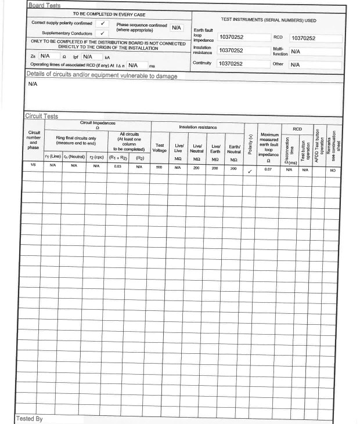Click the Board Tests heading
[x=44, y=5]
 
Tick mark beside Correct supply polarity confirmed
[x=102, y=24]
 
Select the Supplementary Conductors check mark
[x=102, y=33]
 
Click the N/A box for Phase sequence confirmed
[x=177, y=27]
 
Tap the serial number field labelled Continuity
[x=243, y=64]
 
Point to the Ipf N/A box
[x=91, y=57]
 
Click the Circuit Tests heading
[x=42, y=116]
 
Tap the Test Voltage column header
[x=160, y=148]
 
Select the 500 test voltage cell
[x=160, y=166]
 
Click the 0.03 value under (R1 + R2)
[x=118, y=166]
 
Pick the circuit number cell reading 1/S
[x=34, y=166]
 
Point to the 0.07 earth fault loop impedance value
[x=268, y=168]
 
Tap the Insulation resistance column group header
[x=197, y=126]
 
